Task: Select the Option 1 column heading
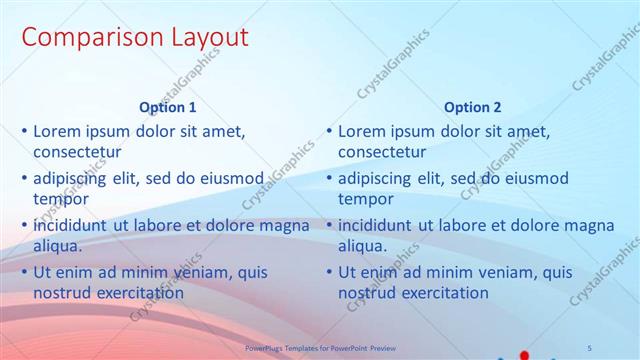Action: pyautogui.click(x=168, y=107)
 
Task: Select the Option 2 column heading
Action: pyautogui.click(x=473, y=107)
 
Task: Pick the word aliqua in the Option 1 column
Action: pyautogui.click(x=59, y=246)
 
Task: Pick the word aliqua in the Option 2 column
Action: pyautogui.click(x=364, y=246)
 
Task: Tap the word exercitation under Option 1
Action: pyautogui.click(x=136, y=293)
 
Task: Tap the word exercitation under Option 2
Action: pyautogui.click(x=441, y=293)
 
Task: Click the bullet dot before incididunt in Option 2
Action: pyautogui.click(x=329, y=226)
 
